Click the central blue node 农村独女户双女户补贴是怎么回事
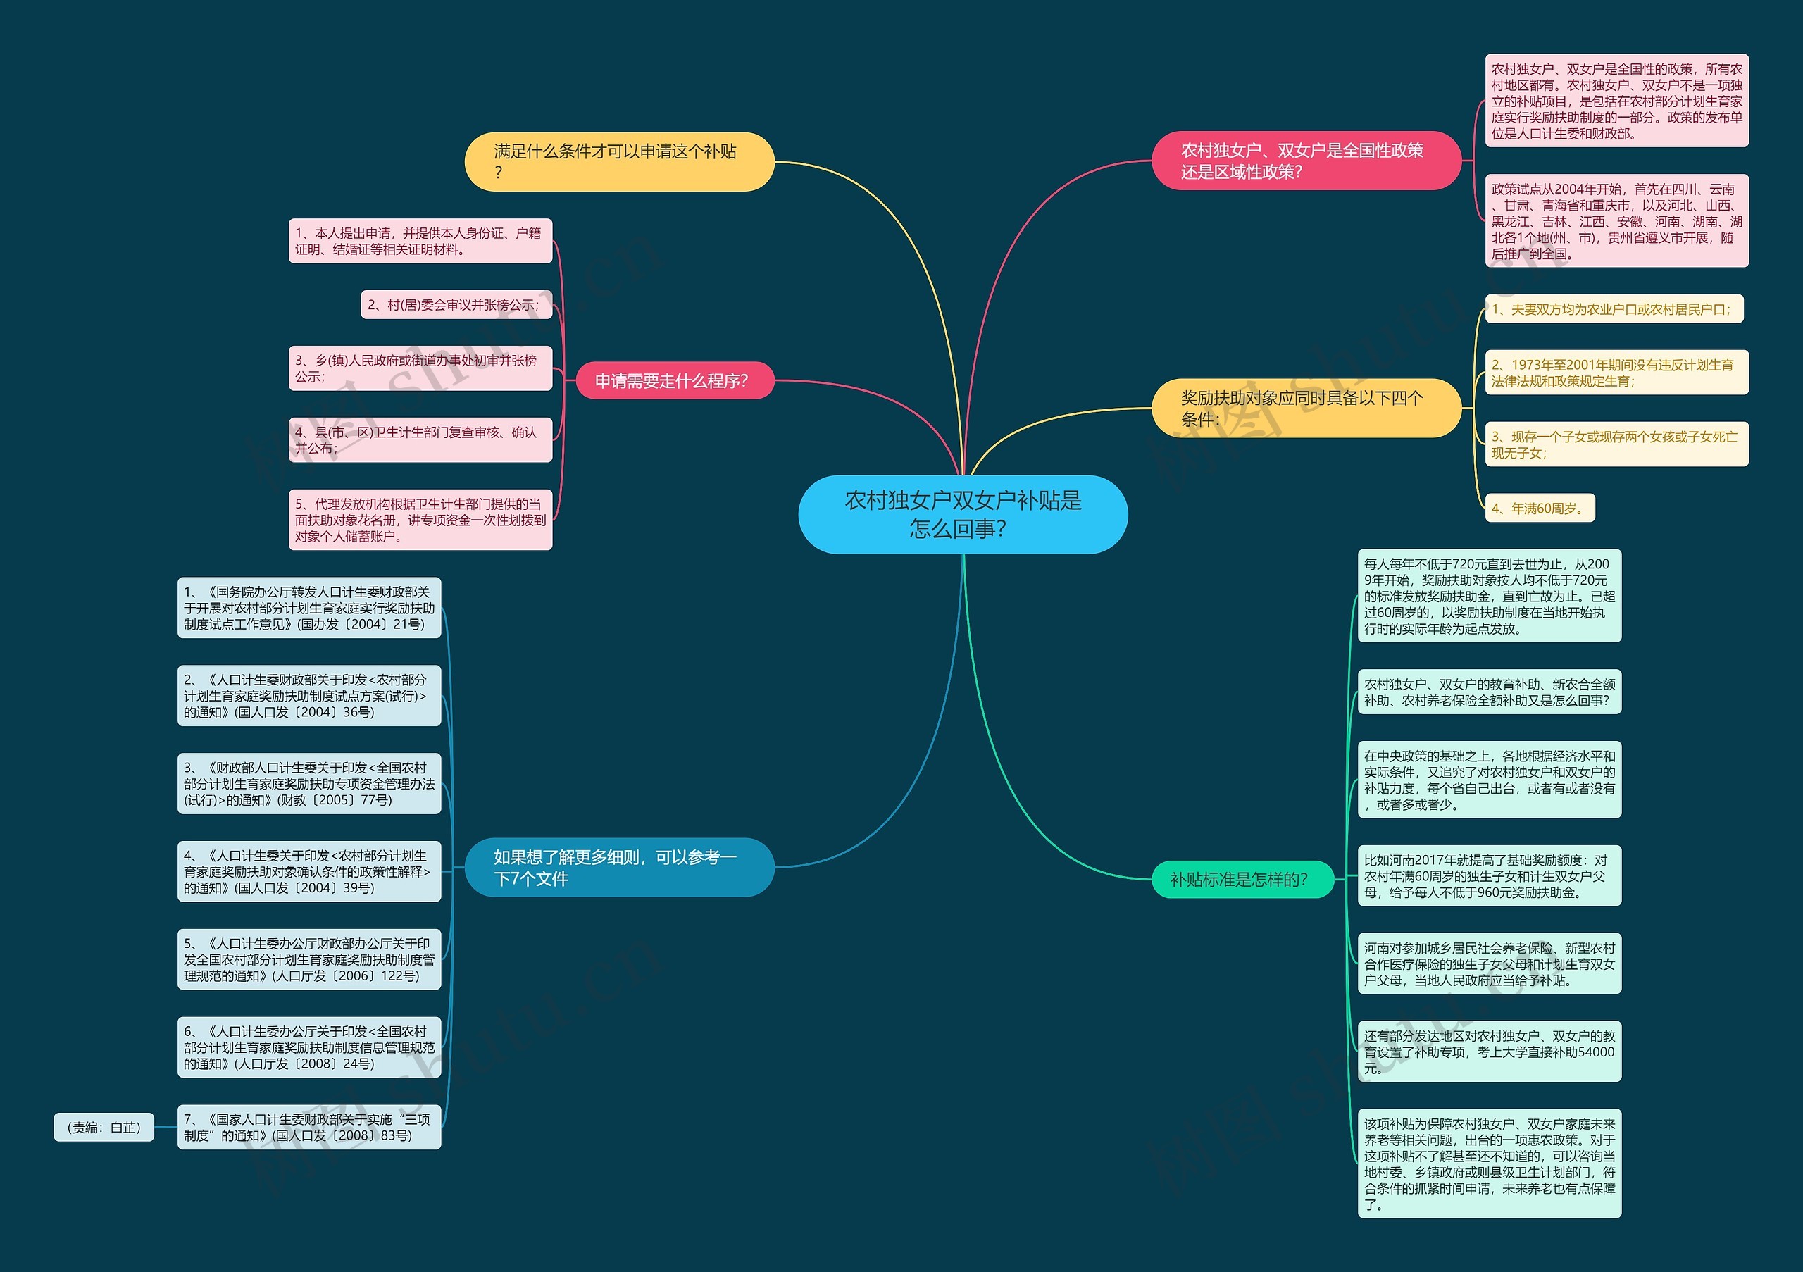click(x=963, y=514)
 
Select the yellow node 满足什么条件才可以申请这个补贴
click(x=619, y=162)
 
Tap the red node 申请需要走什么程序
click(x=674, y=381)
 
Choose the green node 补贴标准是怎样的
click(x=1242, y=880)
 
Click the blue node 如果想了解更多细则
click(x=619, y=868)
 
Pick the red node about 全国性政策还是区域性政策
click(x=1305, y=161)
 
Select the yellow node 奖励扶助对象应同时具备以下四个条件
click(x=1305, y=409)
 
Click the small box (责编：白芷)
click(x=104, y=1128)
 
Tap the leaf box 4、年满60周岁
click(x=1539, y=508)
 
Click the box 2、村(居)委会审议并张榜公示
click(x=456, y=305)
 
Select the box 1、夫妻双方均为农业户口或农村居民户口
click(x=1613, y=309)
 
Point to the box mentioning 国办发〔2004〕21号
click(x=309, y=608)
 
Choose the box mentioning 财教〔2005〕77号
click(x=309, y=784)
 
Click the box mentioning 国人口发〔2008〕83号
click(x=309, y=1128)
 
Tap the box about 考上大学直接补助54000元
click(x=1489, y=1052)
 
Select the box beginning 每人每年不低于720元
click(x=1489, y=596)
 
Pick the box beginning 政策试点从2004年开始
click(x=1616, y=221)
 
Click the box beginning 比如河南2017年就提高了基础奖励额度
click(x=1489, y=876)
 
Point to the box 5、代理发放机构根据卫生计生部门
click(x=420, y=520)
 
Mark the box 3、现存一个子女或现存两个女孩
click(x=1616, y=444)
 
